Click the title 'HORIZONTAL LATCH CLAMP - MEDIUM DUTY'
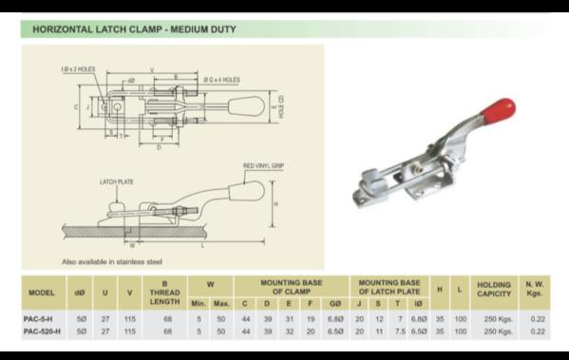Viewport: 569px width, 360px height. pyautogui.click(x=134, y=29)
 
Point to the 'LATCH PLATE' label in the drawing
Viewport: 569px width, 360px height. pyautogui.click(x=116, y=180)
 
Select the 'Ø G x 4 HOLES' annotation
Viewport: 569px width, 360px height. pyautogui.click(x=220, y=80)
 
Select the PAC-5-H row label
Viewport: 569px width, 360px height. pyautogui.click(x=38, y=319)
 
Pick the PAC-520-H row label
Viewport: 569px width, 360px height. pyautogui.click(x=41, y=332)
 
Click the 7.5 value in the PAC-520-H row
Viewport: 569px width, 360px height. pyautogui.click(x=400, y=332)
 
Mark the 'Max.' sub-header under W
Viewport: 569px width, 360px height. pyautogui.click(x=221, y=303)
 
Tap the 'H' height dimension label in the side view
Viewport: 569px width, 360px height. pyautogui.click(x=275, y=204)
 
